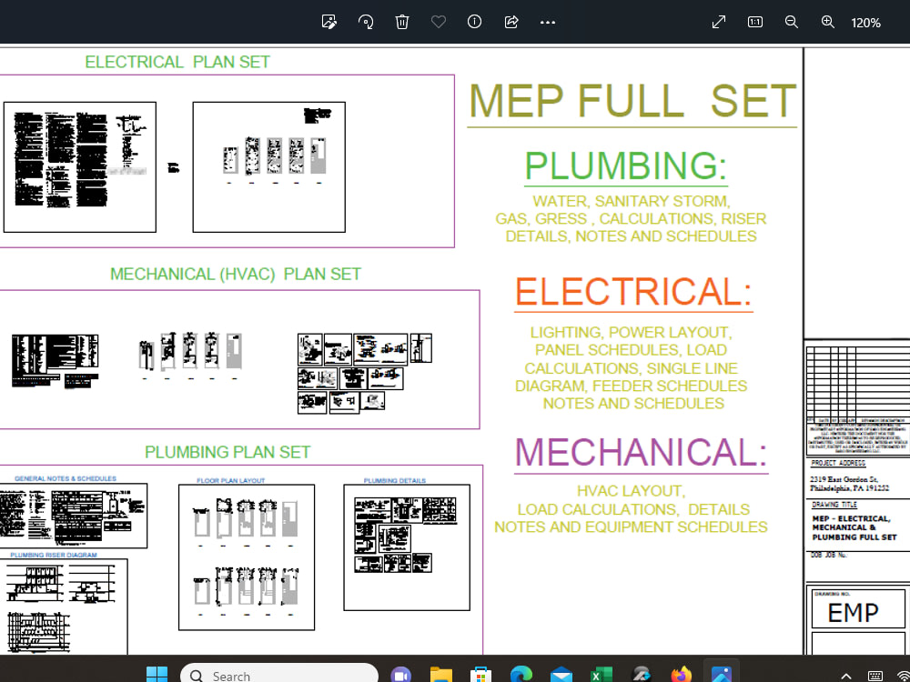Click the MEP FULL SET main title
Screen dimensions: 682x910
point(632,101)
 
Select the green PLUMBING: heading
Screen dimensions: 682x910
point(626,166)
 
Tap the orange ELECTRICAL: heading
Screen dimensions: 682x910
point(633,292)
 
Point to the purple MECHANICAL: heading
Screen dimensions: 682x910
point(642,452)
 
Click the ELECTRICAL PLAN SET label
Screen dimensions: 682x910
point(177,62)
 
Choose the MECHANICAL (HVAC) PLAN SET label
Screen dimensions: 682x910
point(236,274)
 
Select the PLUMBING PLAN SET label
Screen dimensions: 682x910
point(227,452)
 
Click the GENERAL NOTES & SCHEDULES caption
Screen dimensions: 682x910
point(66,478)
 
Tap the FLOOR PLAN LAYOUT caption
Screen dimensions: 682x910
point(231,480)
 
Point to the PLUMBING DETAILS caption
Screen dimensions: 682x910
point(395,480)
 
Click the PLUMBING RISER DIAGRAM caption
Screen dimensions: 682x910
point(54,555)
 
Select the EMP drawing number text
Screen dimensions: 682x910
point(853,614)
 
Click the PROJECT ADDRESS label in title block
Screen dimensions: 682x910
point(839,463)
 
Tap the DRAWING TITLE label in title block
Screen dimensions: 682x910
point(835,504)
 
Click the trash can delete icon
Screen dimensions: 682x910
point(402,22)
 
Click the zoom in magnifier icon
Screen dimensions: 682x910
point(828,22)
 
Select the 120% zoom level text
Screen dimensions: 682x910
point(865,23)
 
